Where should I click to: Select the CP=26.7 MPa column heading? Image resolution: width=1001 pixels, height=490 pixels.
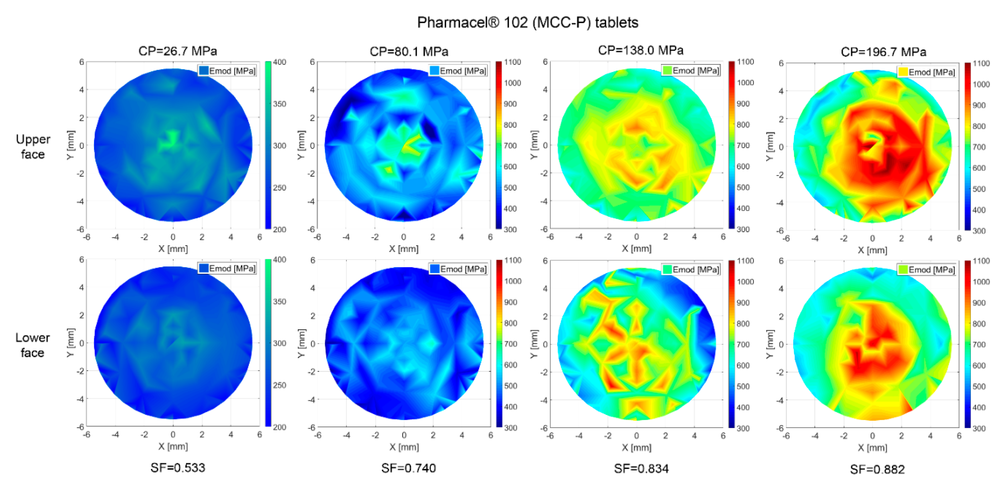[177, 51]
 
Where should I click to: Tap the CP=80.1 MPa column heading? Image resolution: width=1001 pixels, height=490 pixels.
[409, 51]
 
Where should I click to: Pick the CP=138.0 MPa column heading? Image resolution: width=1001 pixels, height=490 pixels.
[640, 50]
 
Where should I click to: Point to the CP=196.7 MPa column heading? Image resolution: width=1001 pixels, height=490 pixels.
[883, 52]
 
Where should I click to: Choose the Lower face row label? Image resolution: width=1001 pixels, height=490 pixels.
[33, 345]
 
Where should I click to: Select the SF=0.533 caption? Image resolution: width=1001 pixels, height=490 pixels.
[177, 467]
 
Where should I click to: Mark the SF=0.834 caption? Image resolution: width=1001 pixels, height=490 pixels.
[641, 468]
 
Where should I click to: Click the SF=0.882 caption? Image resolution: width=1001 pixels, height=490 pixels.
[877, 469]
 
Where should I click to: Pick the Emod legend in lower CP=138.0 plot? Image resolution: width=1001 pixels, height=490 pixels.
[691, 269]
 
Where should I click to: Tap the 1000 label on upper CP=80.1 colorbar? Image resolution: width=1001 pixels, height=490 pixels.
[512, 83]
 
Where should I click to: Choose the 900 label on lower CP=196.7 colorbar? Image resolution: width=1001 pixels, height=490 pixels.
[979, 303]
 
